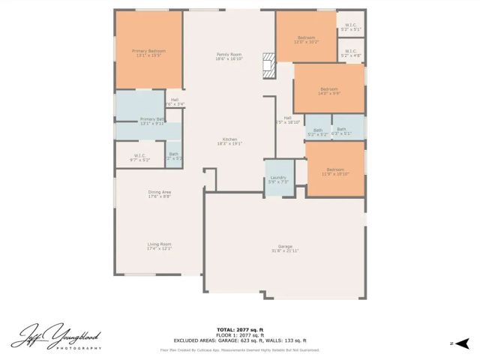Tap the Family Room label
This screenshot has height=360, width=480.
coord(229,56)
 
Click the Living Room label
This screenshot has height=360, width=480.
coord(159,246)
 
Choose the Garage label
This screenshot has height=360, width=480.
coord(285,248)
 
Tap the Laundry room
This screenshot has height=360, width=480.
coord(278,180)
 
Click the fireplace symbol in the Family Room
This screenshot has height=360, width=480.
coord(269,66)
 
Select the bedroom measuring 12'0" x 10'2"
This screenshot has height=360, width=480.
coord(306,39)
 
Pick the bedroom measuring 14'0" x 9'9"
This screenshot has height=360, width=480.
coord(328,91)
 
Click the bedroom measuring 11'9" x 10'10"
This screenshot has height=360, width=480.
coord(335,172)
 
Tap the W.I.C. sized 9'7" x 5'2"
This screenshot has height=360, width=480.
coord(140,158)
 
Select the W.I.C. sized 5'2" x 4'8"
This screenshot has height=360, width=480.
coord(351,53)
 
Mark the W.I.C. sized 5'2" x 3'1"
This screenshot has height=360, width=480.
coord(351,27)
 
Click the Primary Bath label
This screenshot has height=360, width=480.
coord(152,121)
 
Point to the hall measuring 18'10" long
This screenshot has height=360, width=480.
coord(287,120)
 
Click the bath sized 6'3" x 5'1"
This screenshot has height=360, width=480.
coord(341,130)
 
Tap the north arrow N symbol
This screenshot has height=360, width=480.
coord(452,343)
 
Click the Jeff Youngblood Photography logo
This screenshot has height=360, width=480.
coord(56,337)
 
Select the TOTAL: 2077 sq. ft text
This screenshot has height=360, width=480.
coord(239,329)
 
